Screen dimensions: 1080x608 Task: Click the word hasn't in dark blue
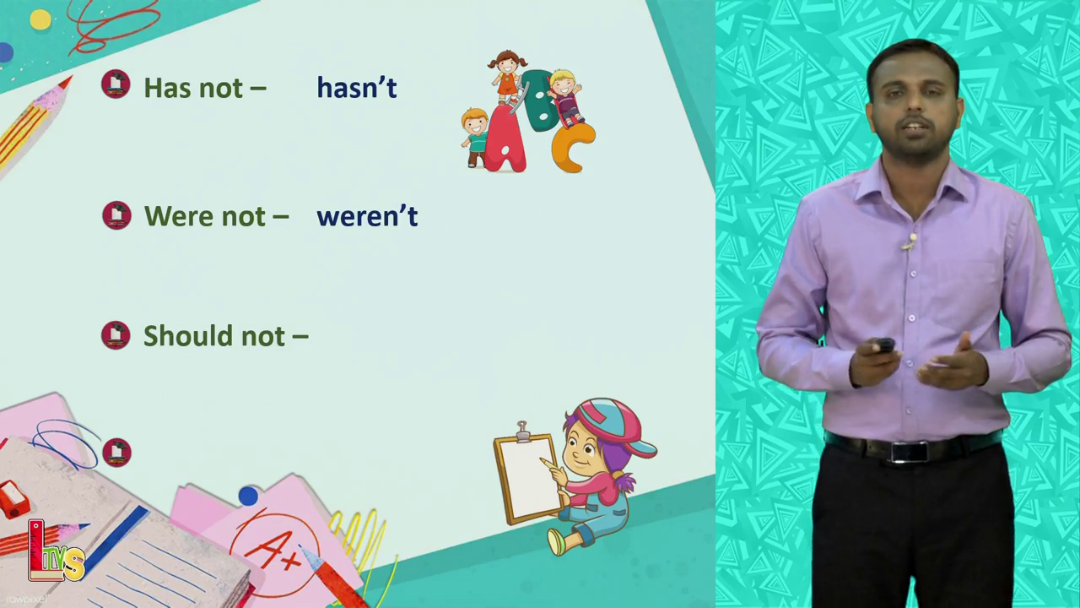357,88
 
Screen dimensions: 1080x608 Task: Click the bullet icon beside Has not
116,84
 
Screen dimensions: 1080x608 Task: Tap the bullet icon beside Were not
116,215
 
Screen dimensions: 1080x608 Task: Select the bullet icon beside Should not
116,335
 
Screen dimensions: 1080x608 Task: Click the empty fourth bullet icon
116,452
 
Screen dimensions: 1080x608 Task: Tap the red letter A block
504,140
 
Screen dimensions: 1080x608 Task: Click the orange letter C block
573,148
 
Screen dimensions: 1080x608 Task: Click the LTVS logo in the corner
56,551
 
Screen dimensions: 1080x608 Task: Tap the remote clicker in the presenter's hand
884,345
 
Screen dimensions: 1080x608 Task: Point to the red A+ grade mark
275,550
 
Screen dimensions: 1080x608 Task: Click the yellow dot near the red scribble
40,19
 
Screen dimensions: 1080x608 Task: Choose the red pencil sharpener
13,499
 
